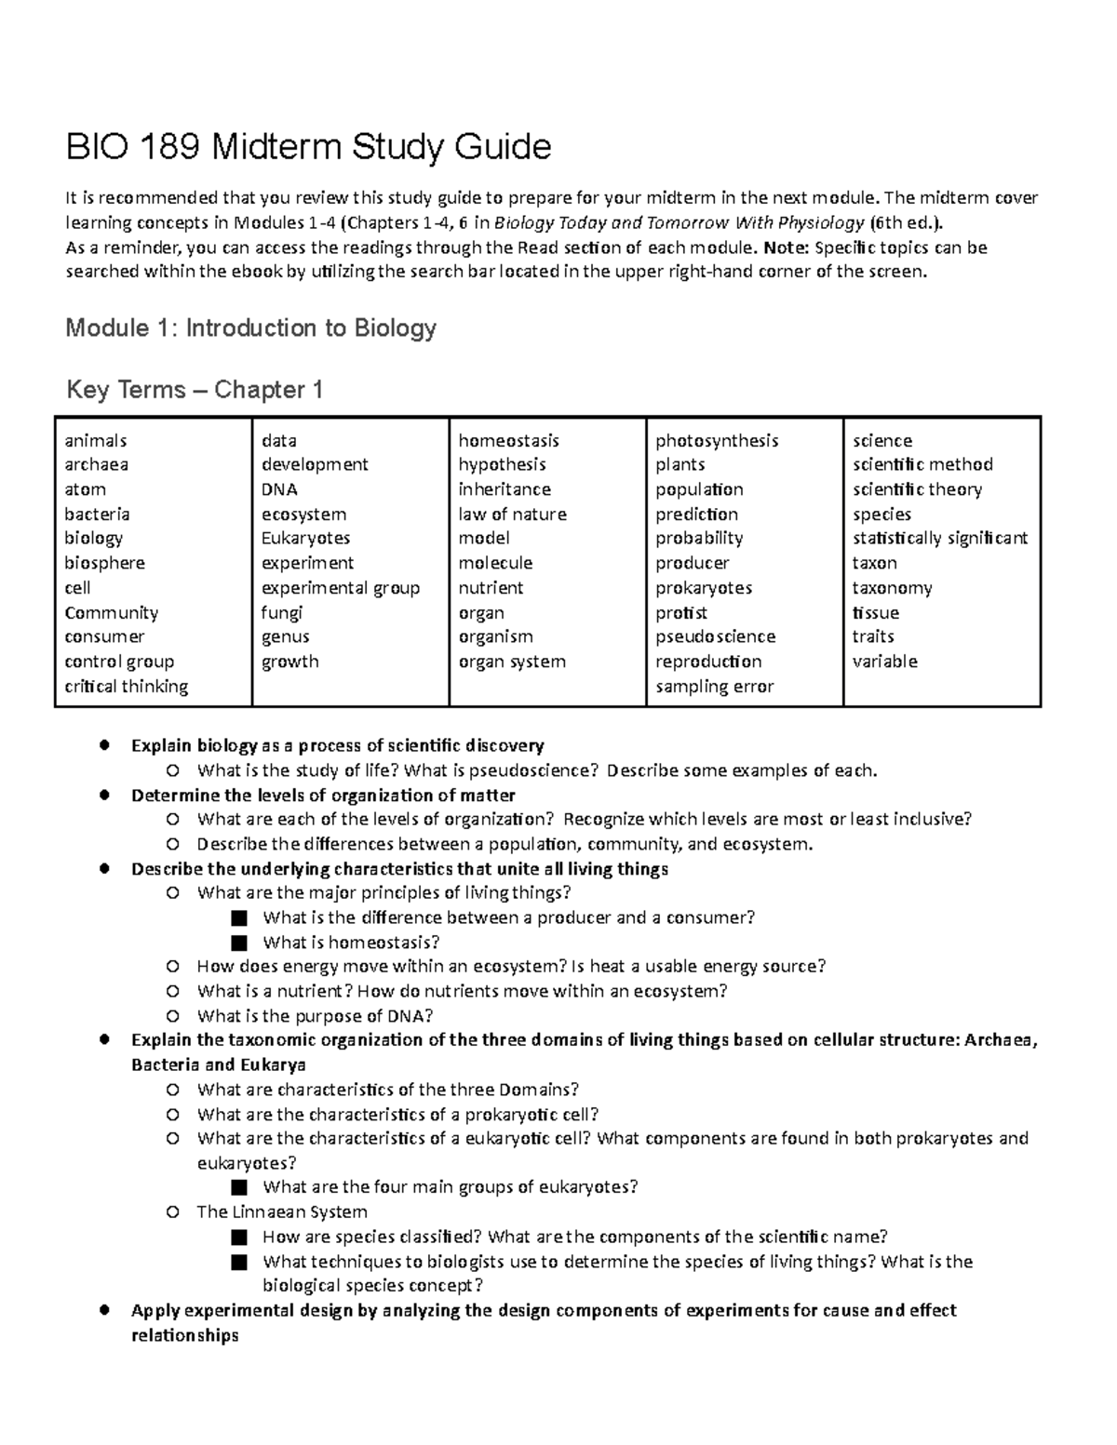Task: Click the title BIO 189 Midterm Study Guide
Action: point(308,147)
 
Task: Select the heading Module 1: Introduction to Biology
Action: point(250,328)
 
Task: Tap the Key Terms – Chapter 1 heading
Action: point(195,390)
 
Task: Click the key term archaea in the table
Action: point(96,464)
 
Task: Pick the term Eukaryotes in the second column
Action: point(305,538)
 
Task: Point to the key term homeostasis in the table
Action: point(508,440)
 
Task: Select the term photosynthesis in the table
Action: point(716,440)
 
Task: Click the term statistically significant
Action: point(939,538)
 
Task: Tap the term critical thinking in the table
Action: point(126,687)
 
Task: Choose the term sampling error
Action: point(714,687)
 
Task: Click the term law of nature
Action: point(512,514)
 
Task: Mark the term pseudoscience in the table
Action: point(715,636)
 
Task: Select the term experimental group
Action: point(340,588)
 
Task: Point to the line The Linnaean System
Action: point(282,1211)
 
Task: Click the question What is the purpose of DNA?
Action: point(315,1015)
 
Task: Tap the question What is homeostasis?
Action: point(351,942)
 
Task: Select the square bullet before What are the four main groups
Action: point(240,1187)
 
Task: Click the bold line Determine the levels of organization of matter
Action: point(323,795)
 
